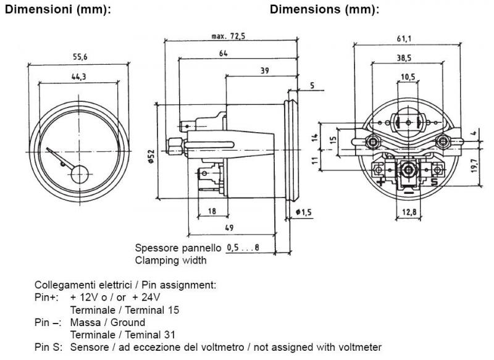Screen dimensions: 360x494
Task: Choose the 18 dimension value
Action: [x=212, y=211]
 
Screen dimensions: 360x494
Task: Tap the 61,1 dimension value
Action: [x=404, y=38]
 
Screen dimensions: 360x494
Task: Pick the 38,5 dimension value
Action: [x=404, y=57]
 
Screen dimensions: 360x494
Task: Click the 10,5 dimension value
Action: [x=408, y=77]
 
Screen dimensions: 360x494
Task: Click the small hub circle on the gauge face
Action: [x=77, y=175]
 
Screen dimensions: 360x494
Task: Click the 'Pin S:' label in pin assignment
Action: [x=48, y=347]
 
